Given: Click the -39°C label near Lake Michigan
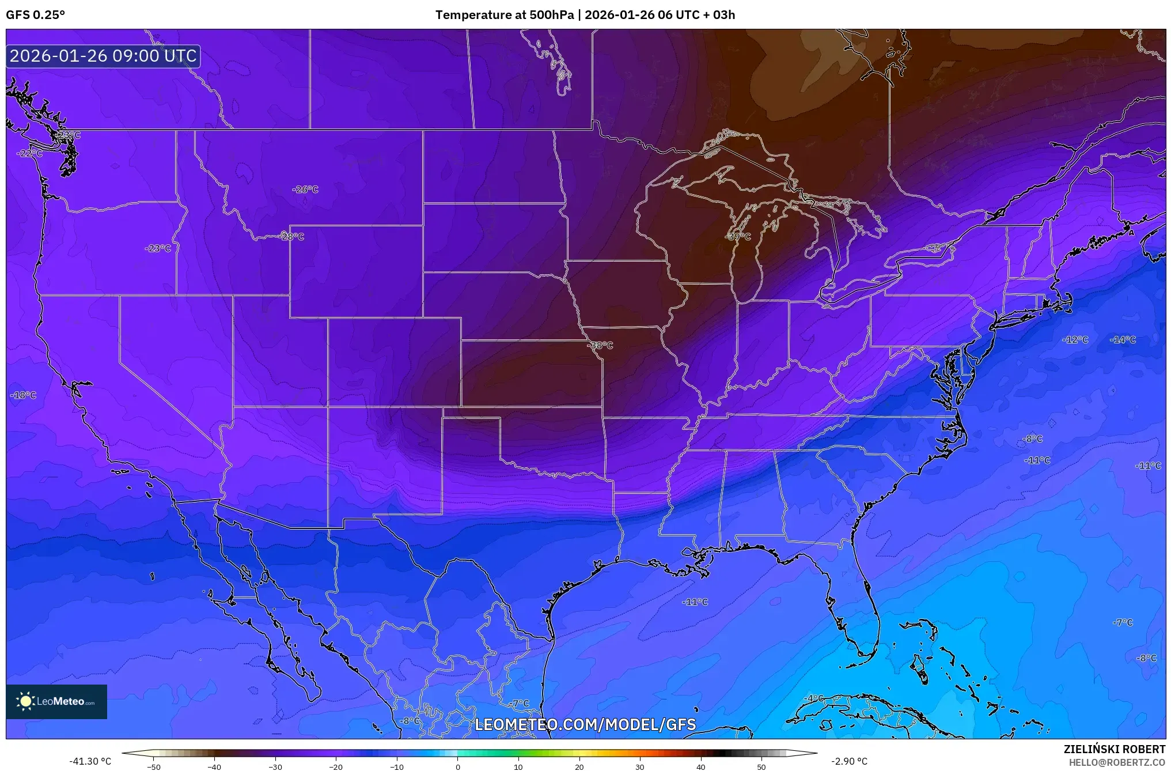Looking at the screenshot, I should click(x=738, y=236).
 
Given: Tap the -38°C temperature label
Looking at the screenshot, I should click(x=600, y=345).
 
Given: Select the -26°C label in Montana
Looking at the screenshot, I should click(x=305, y=189).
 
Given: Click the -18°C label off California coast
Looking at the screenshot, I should click(x=23, y=395).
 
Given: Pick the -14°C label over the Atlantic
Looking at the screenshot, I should click(x=1123, y=339).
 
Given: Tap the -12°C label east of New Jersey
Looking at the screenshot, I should click(x=1075, y=339).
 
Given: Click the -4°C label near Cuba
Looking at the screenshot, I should click(x=813, y=698).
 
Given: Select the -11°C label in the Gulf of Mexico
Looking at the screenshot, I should click(x=695, y=602).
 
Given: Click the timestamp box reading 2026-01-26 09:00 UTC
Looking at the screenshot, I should click(x=103, y=56).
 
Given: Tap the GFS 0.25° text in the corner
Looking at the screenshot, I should click(x=35, y=15).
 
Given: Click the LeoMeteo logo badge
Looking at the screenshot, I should click(x=56, y=701).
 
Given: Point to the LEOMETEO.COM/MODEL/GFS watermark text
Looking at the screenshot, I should click(x=585, y=724).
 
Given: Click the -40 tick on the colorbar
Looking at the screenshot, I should click(x=214, y=766).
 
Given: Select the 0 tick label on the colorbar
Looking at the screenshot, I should click(x=457, y=766).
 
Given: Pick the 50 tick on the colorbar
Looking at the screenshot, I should click(x=761, y=766).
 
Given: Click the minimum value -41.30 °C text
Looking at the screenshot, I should click(x=90, y=761).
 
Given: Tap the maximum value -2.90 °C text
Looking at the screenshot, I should click(x=849, y=761).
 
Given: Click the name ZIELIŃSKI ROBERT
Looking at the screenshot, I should click(x=1114, y=749).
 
